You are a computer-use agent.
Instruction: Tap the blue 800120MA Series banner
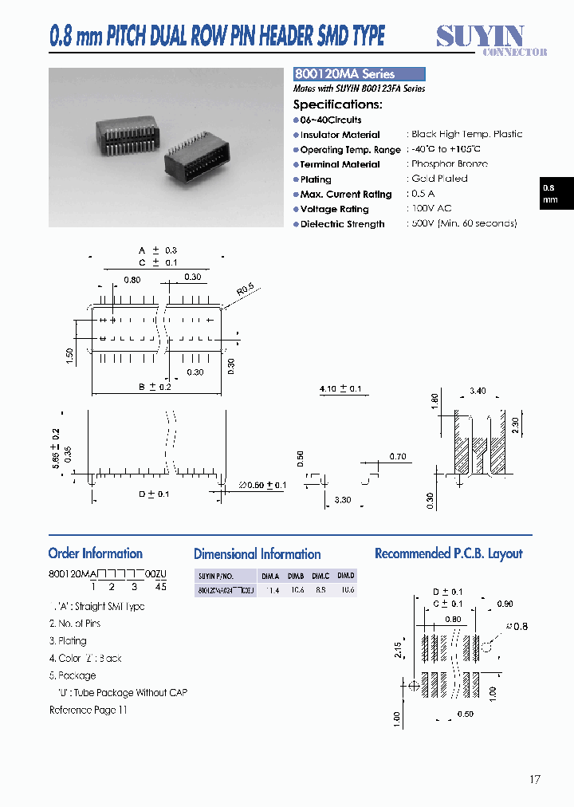359,74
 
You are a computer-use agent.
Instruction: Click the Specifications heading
337,104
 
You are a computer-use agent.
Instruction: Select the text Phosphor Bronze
450,164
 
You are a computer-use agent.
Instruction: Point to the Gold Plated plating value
439,179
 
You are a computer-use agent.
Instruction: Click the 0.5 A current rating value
423,194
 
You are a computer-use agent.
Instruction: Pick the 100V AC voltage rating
431,209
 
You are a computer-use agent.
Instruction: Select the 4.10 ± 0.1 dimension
340,389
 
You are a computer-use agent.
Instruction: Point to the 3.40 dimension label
478,392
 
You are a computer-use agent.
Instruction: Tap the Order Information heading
95,553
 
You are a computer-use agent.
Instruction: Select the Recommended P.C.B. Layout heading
448,553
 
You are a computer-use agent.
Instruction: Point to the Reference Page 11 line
88,710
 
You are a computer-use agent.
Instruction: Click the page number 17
533,779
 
